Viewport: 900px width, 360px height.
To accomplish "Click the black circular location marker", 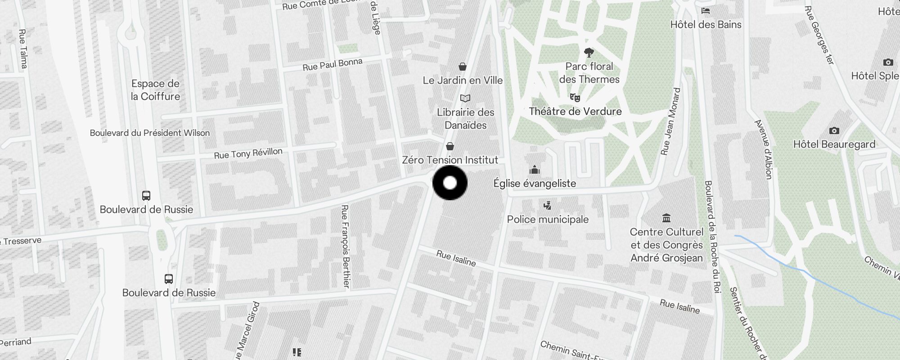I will pos(450,183).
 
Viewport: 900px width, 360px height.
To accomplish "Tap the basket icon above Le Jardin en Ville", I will pos(462,67).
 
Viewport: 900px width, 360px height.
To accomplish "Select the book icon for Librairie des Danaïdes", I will pos(465,98).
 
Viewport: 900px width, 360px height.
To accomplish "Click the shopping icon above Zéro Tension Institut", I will pos(450,147).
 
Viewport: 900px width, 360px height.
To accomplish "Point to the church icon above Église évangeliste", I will pos(535,170).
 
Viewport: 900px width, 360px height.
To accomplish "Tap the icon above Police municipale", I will pos(547,206).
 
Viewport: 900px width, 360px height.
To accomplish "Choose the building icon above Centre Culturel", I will pos(666,218).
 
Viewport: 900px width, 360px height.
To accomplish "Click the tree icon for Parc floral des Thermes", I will pos(589,53).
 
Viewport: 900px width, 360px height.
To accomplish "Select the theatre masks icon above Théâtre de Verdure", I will pos(575,97).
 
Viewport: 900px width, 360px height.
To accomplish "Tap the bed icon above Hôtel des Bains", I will pos(706,11).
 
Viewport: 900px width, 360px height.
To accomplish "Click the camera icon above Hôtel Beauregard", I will pos(834,131).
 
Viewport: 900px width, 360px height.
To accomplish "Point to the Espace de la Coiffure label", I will pos(155,90).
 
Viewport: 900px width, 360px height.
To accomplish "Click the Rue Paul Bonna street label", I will pos(332,64).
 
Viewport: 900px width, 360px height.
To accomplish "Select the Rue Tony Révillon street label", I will pos(248,153).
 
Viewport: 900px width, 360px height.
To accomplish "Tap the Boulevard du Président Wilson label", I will pos(149,133).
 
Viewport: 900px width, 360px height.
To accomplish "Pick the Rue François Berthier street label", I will pos(345,246).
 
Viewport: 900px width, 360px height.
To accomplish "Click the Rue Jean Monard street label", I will pos(670,121).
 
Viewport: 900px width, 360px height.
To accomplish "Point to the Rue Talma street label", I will pos(23,49).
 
